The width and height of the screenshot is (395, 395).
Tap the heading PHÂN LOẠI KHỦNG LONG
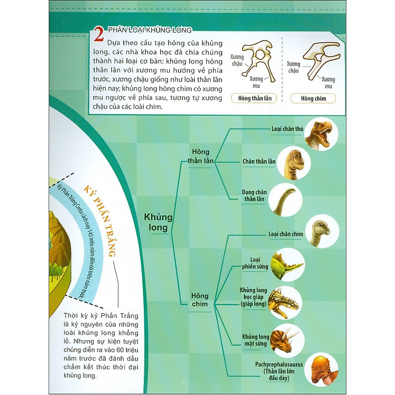[x=150, y=30]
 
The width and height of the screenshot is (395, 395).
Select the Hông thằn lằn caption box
[x=254, y=98]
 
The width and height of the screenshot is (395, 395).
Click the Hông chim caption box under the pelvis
[x=313, y=98]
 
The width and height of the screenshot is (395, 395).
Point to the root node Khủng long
[x=158, y=222]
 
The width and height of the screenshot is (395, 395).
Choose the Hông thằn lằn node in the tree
[x=201, y=156]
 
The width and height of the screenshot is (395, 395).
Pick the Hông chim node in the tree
[x=200, y=300]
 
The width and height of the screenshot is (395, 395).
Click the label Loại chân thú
[x=287, y=129]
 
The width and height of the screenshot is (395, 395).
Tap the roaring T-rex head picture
[x=321, y=134]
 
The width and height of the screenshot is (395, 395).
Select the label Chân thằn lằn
[x=259, y=162]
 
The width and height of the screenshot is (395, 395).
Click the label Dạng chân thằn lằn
[x=254, y=196]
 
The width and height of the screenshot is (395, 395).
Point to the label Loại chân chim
[x=285, y=234]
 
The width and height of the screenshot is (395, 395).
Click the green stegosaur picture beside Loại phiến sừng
[x=288, y=264]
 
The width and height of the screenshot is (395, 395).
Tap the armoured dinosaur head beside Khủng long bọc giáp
[x=285, y=303]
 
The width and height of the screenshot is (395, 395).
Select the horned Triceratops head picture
[x=287, y=341]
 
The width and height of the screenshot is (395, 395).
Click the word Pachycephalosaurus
[x=279, y=364]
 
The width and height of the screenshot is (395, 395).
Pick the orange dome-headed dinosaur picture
[x=321, y=370]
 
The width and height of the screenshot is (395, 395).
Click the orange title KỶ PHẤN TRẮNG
[x=100, y=221]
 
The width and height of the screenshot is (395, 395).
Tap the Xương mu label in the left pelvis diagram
[x=256, y=82]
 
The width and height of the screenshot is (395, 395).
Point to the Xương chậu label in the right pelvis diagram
[x=293, y=67]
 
